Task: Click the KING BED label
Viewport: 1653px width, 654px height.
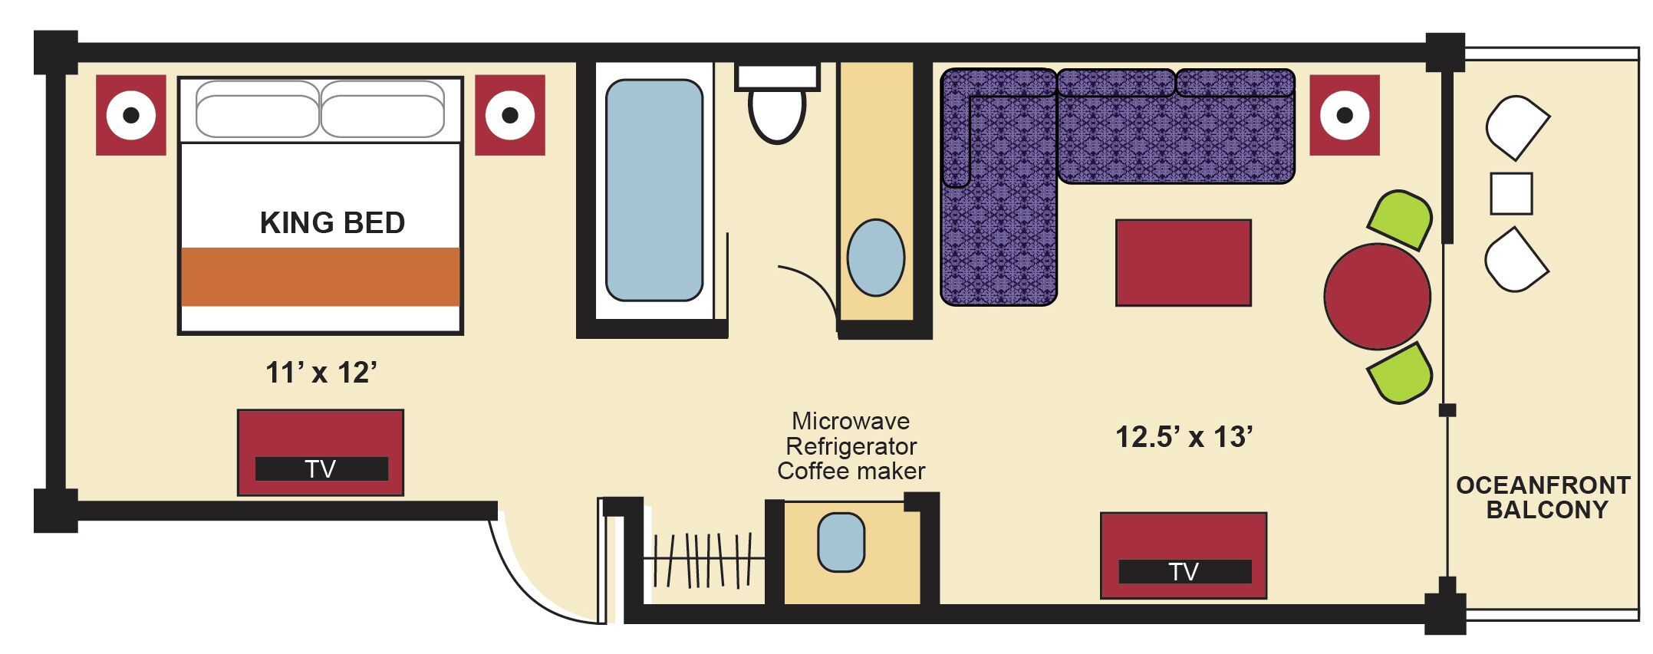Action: point(332,223)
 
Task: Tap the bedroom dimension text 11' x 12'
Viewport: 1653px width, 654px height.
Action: point(321,373)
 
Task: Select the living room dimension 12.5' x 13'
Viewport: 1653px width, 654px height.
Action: point(1184,437)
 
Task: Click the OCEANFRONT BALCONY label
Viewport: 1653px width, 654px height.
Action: point(1543,498)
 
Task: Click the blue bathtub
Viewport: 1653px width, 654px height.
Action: point(654,190)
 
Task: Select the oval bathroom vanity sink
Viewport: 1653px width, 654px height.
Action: point(875,258)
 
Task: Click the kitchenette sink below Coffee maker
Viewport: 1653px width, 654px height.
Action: point(841,542)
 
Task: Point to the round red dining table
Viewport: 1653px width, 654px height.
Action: point(1377,297)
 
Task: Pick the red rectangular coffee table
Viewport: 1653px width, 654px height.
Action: point(1183,263)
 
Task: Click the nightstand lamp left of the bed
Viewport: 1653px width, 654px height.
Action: point(131,115)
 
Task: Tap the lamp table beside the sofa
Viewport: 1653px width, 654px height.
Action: point(1344,115)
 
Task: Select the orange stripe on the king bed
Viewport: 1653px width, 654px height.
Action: point(321,277)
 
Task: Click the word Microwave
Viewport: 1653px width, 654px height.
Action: point(851,421)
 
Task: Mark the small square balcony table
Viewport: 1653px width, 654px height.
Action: point(1511,193)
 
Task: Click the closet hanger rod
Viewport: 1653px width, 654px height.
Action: point(702,560)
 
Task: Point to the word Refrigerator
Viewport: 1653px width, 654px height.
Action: point(851,446)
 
